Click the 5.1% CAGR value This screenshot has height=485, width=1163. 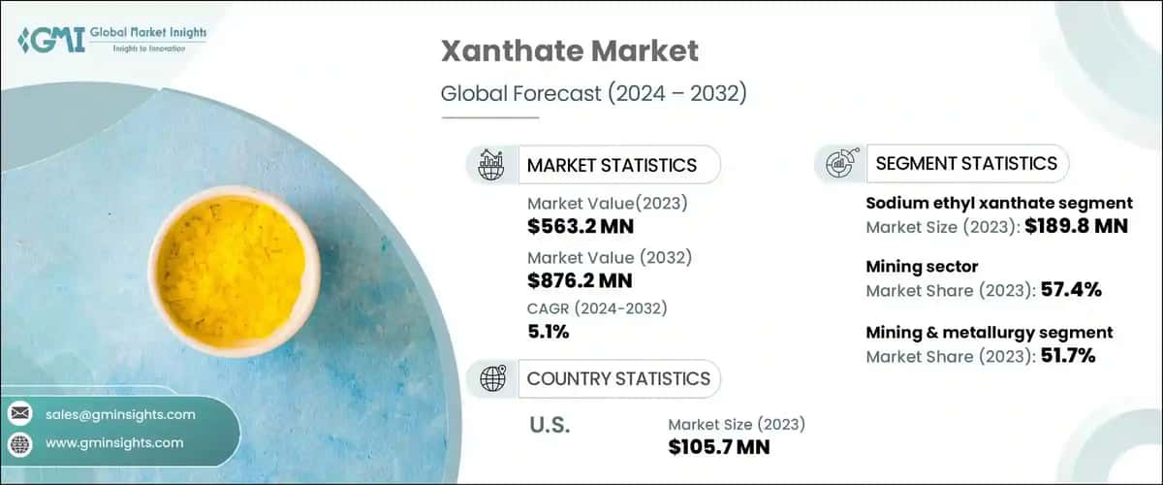(x=549, y=331)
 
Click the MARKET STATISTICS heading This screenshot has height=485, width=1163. (x=612, y=165)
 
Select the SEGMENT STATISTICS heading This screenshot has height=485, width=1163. (x=966, y=163)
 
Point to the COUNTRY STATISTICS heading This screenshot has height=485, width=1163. (x=618, y=378)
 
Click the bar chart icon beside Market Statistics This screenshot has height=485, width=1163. (x=489, y=165)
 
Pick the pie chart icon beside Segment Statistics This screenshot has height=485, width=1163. (x=839, y=164)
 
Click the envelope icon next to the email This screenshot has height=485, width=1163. (x=20, y=414)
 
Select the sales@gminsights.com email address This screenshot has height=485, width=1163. (x=120, y=414)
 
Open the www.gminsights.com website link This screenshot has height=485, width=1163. (x=114, y=442)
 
